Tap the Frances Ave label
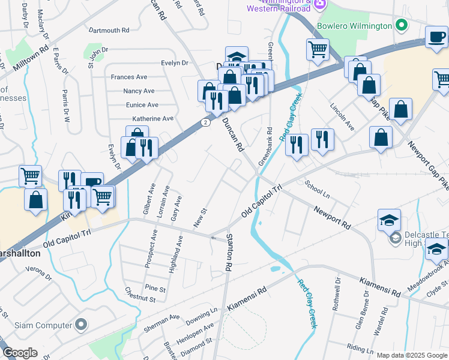pyautogui.click(x=129, y=77)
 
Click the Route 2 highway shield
pyautogui.click(x=206, y=122)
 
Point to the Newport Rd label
pyautogui.click(x=332, y=217)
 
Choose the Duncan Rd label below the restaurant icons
pyautogui.click(x=232, y=134)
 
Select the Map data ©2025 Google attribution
pyautogui.click(x=411, y=355)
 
